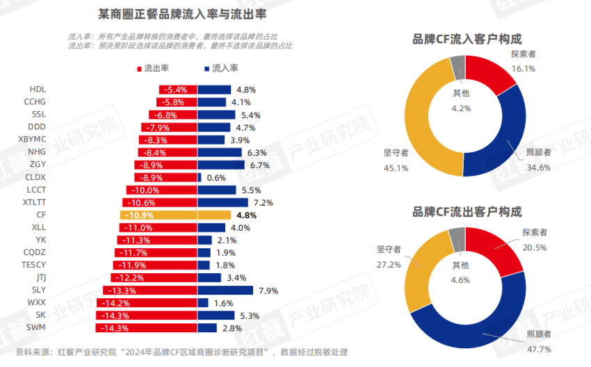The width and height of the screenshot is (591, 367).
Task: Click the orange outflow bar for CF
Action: tap(159, 215)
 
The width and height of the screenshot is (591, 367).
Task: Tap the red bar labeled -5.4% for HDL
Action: tap(178, 90)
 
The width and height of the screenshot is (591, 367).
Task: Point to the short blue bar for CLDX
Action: tap(200, 178)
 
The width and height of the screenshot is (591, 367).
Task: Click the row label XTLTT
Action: tap(34, 202)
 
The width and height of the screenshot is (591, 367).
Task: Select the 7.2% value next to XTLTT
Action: tap(264, 203)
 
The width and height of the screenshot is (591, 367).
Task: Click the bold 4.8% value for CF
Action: tap(247, 215)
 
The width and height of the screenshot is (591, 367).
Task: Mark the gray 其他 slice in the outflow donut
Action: tap(457, 238)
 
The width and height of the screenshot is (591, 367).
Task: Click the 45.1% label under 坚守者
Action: tap(396, 168)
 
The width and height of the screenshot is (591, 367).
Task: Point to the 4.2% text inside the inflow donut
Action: tap(461, 108)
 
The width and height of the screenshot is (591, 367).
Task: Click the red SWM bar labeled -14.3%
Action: tap(149, 327)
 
